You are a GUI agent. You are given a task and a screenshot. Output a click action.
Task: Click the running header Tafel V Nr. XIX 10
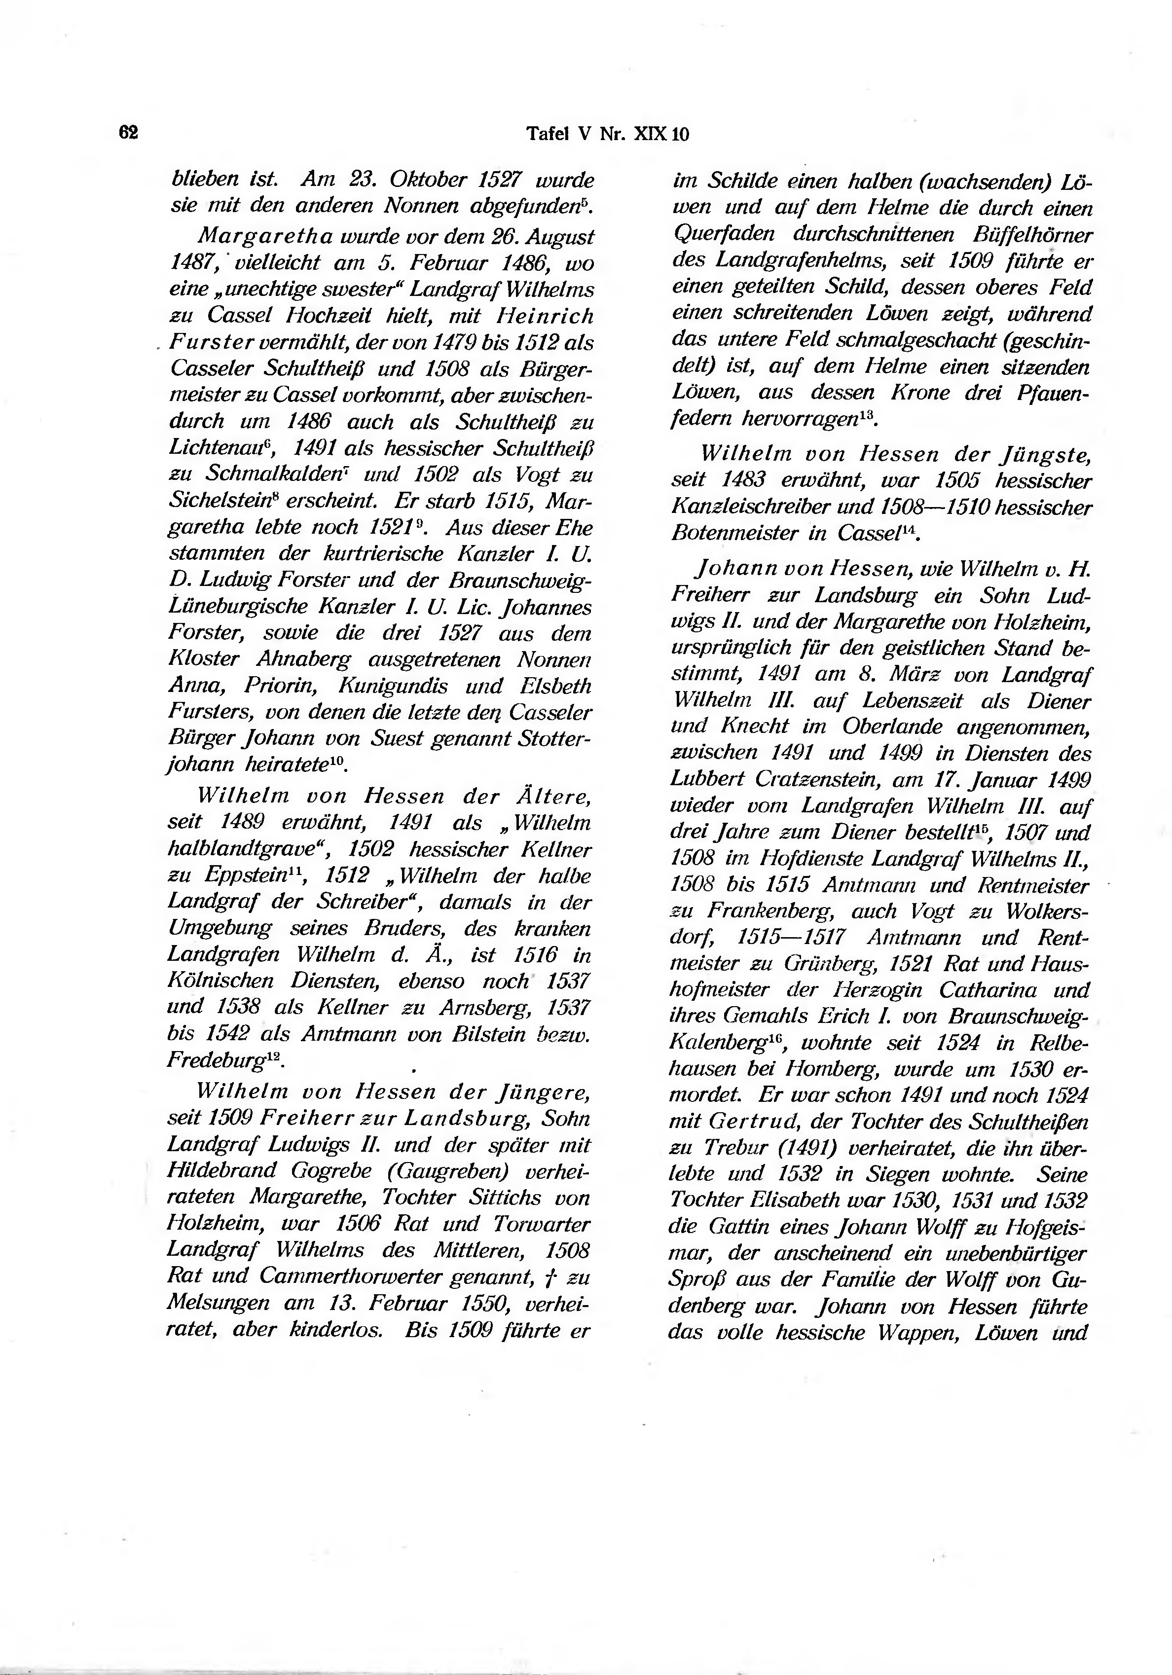607,134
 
